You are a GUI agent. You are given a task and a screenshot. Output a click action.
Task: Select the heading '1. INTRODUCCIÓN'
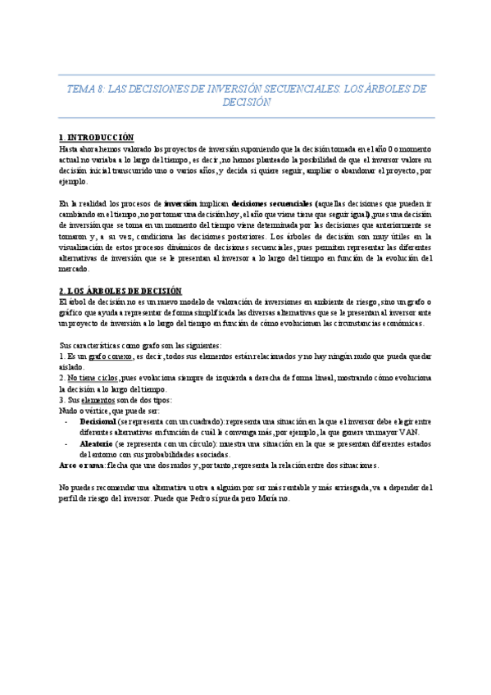pyautogui.click(x=97, y=137)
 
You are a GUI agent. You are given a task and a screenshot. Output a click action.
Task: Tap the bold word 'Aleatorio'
pyautogui.click(x=98, y=443)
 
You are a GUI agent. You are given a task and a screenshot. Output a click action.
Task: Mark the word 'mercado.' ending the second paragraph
pyautogui.click(x=79, y=269)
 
